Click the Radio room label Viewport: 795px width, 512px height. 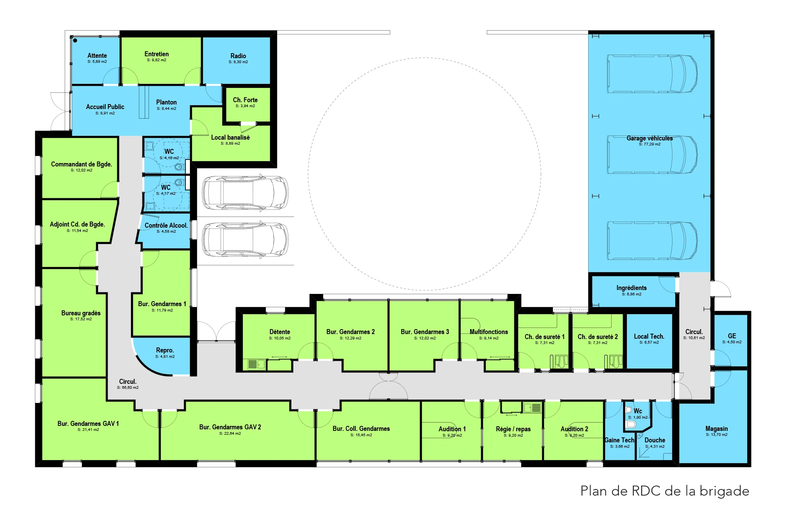point(238,56)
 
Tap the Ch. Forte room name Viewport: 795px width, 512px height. point(245,100)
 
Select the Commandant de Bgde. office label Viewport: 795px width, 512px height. point(82,164)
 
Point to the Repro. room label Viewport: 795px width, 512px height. point(165,350)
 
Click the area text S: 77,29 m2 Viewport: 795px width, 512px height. point(649,144)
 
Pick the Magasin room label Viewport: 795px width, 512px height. point(716,429)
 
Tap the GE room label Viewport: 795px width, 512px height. point(732,336)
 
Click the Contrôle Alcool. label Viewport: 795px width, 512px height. point(166,225)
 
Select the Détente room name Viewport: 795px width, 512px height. point(280,332)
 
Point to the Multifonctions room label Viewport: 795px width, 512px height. point(489,332)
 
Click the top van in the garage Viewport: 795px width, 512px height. point(652,74)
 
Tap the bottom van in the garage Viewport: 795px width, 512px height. point(652,241)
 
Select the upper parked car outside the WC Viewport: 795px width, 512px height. point(245,193)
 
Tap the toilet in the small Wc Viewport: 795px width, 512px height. point(630,424)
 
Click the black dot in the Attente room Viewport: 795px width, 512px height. point(75,40)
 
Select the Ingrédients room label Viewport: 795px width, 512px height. point(631,288)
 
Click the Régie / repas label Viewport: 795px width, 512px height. point(513,429)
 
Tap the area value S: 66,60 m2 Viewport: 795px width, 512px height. point(128,388)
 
